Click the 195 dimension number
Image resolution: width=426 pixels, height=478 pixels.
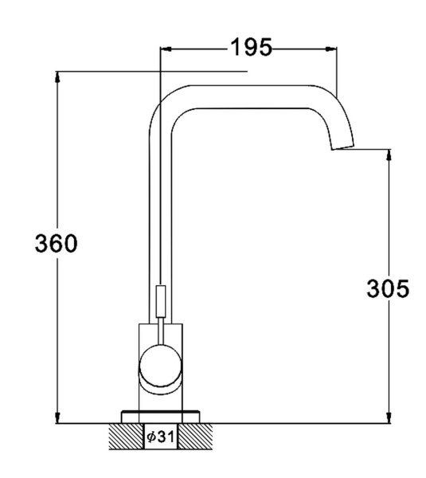(x=251, y=47)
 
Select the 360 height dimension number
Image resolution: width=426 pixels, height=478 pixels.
(x=57, y=243)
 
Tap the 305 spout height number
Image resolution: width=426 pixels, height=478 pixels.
(x=388, y=288)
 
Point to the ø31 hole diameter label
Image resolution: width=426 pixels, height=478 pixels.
(x=160, y=437)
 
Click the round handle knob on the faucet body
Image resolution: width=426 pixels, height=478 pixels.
(x=160, y=366)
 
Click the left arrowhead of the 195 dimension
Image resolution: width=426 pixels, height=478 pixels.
(x=166, y=49)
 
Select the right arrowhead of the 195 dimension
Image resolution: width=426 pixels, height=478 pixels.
(x=331, y=49)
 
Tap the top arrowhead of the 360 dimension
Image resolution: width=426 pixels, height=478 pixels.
(x=57, y=77)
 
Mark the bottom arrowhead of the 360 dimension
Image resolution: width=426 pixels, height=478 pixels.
(x=57, y=417)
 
